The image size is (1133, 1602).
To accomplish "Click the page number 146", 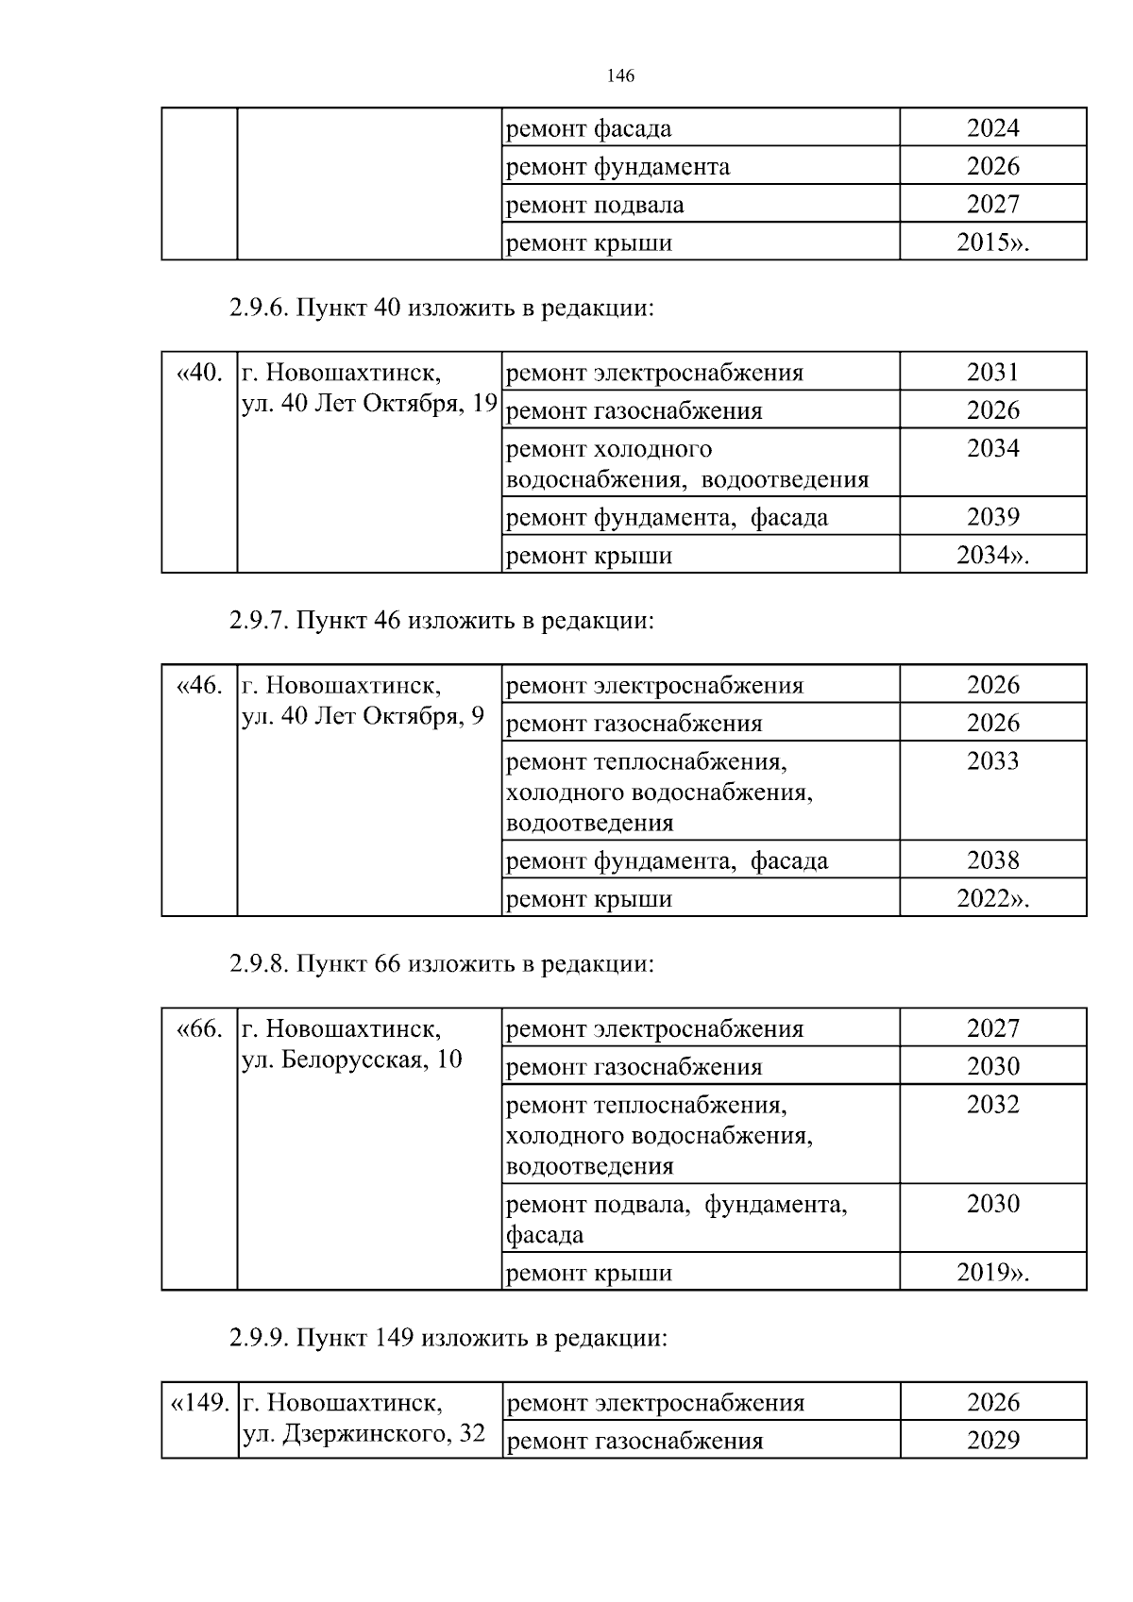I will tap(619, 76).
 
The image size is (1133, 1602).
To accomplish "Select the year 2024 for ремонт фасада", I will tap(992, 128).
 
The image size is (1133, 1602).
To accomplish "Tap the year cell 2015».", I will tap(992, 242).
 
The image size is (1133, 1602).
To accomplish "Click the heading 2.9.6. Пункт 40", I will tap(441, 308).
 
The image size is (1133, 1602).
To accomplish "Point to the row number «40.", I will tap(199, 373).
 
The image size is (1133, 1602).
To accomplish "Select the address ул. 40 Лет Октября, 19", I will tap(369, 404).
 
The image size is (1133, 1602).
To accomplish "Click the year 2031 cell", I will tap(992, 372).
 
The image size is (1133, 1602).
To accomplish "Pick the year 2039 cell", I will tap(992, 516).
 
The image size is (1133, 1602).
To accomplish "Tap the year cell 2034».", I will tap(992, 555).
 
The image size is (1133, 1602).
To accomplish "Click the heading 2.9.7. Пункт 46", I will tap(441, 621).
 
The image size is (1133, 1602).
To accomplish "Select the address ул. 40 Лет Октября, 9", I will tap(363, 716).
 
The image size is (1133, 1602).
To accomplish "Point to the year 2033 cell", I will tap(992, 761).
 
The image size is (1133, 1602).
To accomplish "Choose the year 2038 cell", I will tap(992, 859).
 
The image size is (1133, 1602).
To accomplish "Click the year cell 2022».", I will tap(992, 898).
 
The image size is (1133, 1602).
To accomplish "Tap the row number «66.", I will tap(199, 1028).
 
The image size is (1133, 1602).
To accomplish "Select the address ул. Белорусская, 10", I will tap(352, 1060).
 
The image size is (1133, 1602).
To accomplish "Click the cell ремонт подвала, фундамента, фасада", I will tap(676, 1219).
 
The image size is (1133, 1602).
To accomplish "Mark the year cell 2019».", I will tap(992, 1273).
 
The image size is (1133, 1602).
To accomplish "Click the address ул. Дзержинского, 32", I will tap(364, 1433).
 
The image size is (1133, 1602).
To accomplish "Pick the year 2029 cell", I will tap(992, 1440).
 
